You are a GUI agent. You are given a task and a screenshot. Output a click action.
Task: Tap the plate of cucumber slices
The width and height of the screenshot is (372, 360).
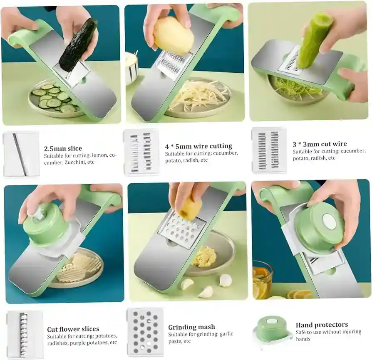[53, 100]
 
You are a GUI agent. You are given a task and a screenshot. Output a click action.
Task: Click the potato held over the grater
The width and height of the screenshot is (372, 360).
[174, 36]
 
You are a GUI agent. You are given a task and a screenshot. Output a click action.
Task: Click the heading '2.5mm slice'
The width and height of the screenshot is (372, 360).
[63, 148]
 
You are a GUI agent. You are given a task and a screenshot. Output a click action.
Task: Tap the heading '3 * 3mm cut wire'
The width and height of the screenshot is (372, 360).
[320, 144]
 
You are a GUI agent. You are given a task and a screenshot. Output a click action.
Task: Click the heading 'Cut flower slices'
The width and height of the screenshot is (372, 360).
[73, 329]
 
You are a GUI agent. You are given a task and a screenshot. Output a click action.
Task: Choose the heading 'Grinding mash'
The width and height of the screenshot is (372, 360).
[191, 327]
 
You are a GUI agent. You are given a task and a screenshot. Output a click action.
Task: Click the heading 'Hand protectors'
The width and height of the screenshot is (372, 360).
[322, 325]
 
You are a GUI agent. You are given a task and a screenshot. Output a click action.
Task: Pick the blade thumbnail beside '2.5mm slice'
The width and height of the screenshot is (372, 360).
[21, 154]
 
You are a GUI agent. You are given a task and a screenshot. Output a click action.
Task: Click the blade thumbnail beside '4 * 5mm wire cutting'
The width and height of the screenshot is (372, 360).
[141, 152]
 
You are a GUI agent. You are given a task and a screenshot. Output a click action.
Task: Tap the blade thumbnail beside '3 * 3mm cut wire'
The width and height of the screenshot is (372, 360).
[269, 150]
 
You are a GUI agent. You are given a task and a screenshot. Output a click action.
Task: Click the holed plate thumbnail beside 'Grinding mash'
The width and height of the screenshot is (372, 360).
[145, 332]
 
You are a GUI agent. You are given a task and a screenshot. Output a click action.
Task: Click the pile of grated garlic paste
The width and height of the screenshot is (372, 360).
[204, 256]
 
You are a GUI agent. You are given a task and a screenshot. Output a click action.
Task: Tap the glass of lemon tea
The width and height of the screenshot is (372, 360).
[262, 279]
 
